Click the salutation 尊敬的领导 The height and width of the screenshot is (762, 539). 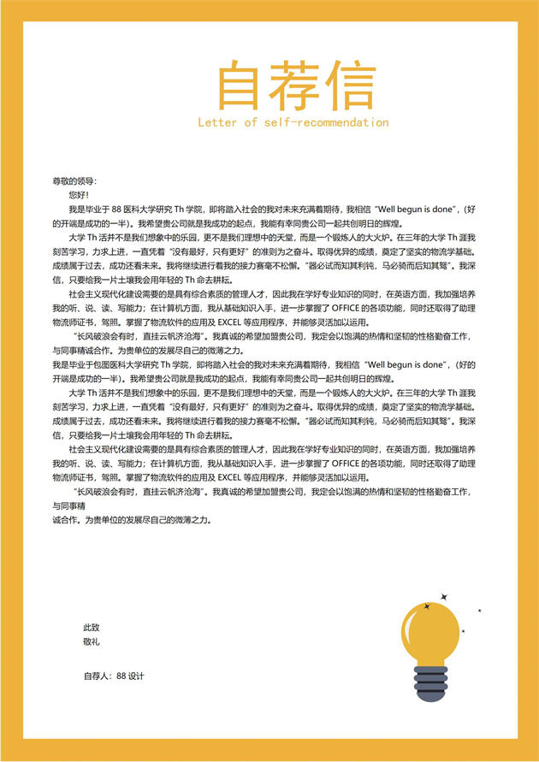[x=74, y=181]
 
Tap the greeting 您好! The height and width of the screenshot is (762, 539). [x=78, y=195]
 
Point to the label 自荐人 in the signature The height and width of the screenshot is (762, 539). [x=98, y=676]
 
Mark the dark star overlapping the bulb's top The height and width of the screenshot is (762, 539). [x=427, y=606]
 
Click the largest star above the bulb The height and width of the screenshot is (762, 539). [x=444, y=595]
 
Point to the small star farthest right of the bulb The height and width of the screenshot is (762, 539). [x=479, y=611]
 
